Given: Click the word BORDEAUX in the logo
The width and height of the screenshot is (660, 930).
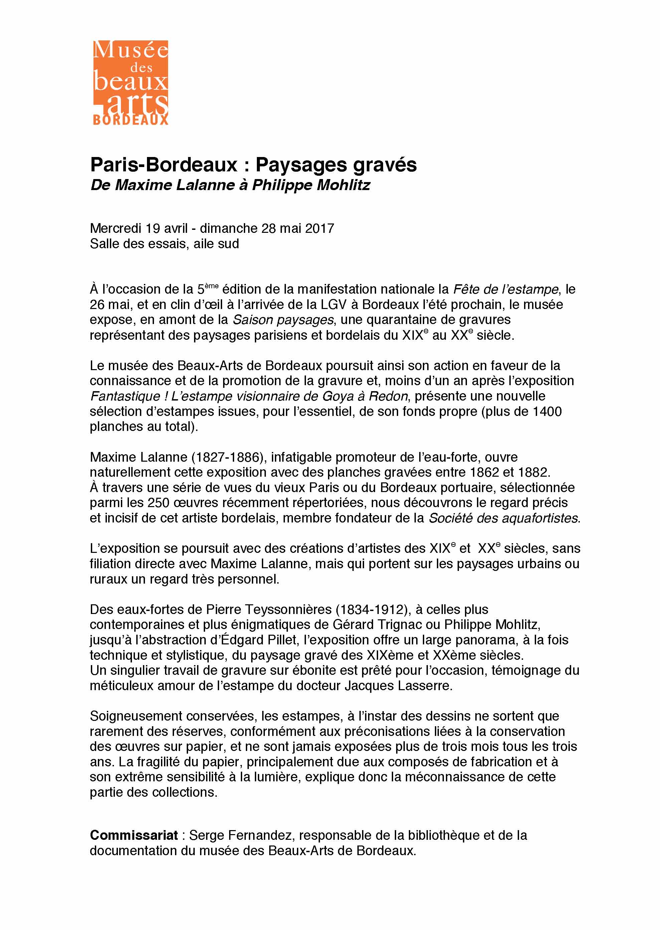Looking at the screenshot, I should (x=131, y=120).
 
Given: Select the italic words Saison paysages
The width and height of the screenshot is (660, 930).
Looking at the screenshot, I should (x=283, y=320).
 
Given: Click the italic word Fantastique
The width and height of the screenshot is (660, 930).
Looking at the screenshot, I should (x=125, y=396).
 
